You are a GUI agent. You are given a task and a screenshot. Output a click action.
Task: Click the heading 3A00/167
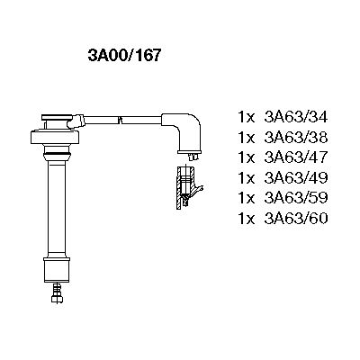(x=124, y=54)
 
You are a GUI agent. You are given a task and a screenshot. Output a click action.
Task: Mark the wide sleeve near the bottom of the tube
(x=56, y=270)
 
